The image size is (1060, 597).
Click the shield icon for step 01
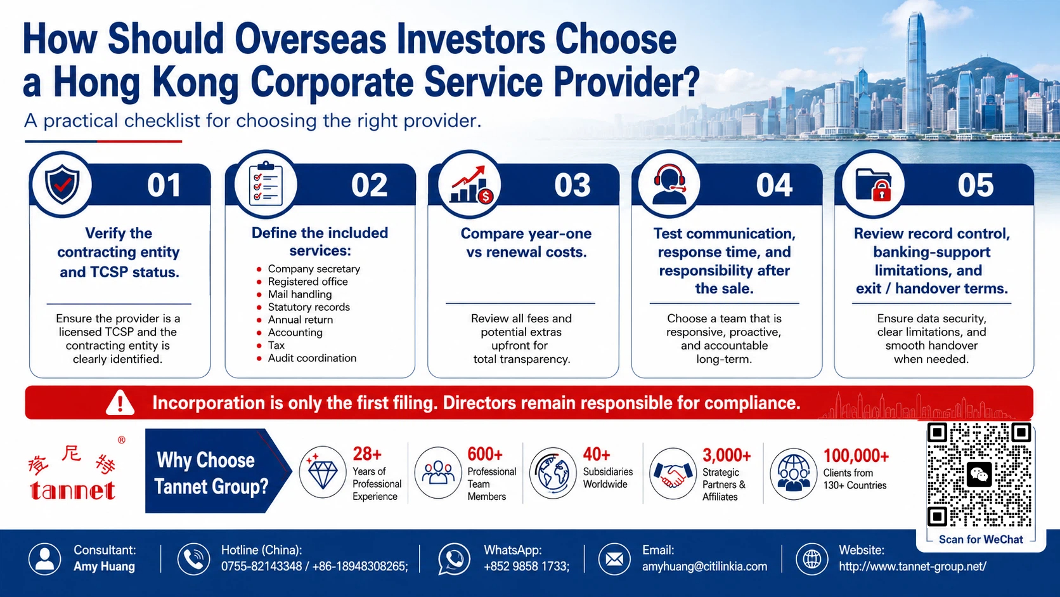62,185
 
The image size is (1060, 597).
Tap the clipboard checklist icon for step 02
266,184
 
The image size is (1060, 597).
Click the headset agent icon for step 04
669,184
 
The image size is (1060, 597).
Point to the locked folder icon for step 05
874,185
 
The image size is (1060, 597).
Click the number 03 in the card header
572,185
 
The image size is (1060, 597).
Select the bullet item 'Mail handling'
299,294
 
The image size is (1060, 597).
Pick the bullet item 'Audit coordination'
312,358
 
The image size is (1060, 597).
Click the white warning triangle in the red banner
120,403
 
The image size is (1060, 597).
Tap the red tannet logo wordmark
72,490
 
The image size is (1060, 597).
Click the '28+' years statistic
367,454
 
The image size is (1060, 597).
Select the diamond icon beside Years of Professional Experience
323,472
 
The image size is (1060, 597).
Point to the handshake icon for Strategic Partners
673,474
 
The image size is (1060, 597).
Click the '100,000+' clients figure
856,456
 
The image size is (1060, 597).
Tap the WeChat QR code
979,475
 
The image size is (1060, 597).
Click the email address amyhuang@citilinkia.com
704,567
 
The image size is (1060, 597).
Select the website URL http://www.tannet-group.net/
913,567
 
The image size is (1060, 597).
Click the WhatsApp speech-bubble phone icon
454,559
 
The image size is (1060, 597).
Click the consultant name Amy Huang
104,567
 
